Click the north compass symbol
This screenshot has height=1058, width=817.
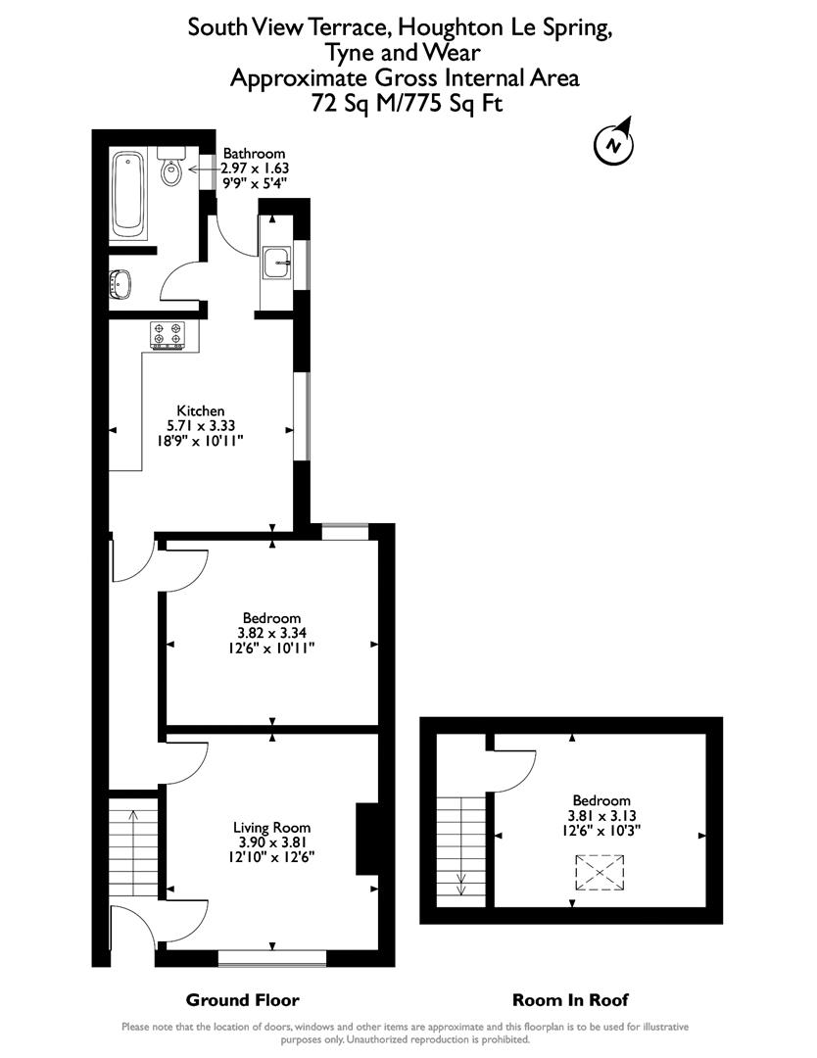(613, 145)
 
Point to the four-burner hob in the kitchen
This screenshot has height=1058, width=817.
(168, 334)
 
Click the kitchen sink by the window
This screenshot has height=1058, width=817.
(278, 260)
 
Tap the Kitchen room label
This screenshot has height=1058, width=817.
(201, 410)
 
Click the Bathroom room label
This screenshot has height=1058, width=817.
(254, 154)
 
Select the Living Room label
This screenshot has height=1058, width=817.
(266, 826)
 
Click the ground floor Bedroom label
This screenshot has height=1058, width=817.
(271, 618)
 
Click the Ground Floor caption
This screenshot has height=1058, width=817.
(243, 1000)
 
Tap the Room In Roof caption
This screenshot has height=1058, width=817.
(570, 1000)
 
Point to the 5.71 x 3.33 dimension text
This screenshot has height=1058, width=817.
(201, 426)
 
